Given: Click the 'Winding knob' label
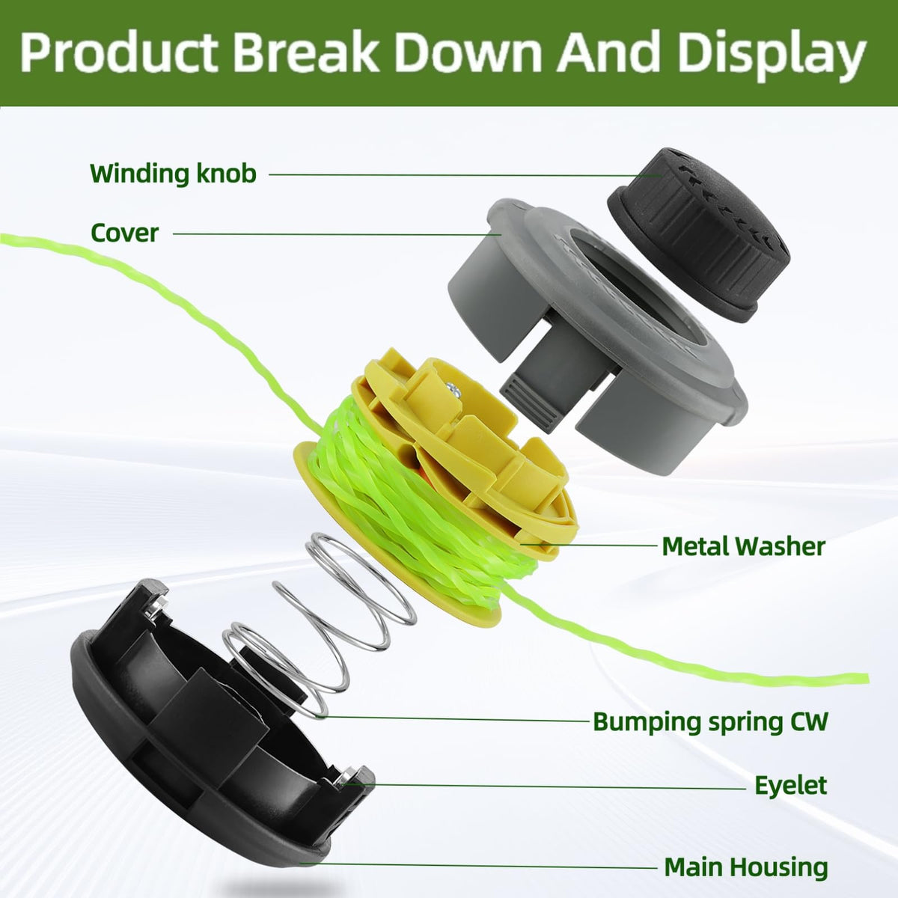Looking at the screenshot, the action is pyautogui.click(x=173, y=174).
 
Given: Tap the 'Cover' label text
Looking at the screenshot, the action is pyautogui.click(x=124, y=233).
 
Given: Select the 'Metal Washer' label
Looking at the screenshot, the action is pyautogui.click(x=743, y=546).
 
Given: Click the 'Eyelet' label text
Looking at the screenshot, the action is pyautogui.click(x=791, y=785).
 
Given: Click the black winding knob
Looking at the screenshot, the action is pyautogui.click(x=698, y=235).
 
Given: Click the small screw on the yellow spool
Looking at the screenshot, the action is pyautogui.click(x=452, y=388).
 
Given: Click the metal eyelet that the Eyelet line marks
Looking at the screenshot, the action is pyautogui.click(x=347, y=778).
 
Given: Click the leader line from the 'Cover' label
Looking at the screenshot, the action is pyautogui.click(x=337, y=234).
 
